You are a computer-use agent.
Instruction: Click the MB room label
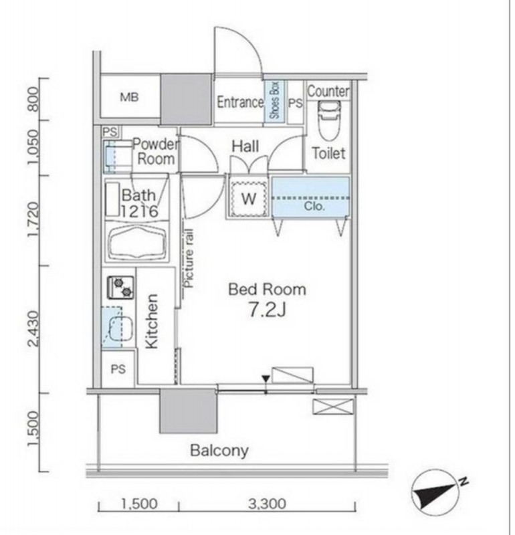click(129, 97)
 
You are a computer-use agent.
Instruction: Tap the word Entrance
click(240, 102)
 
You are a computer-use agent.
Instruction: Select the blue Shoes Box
click(274, 100)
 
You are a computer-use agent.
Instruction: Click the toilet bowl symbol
click(329, 121)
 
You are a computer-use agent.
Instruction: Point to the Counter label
click(328, 92)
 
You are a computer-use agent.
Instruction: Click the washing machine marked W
click(248, 198)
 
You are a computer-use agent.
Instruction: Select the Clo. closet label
click(314, 206)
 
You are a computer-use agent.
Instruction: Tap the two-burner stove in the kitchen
click(121, 288)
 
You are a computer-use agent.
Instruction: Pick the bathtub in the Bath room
click(137, 242)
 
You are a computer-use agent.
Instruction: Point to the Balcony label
click(219, 450)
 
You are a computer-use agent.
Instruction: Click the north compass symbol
click(437, 492)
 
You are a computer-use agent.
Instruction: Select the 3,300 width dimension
click(267, 504)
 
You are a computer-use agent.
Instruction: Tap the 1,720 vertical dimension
click(34, 219)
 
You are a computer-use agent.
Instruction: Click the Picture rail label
click(189, 258)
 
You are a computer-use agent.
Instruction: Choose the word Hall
click(245, 146)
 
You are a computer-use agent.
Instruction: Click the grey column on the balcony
click(188, 411)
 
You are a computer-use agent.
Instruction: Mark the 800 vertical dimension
click(34, 99)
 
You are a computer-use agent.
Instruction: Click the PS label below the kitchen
click(118, 369)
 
